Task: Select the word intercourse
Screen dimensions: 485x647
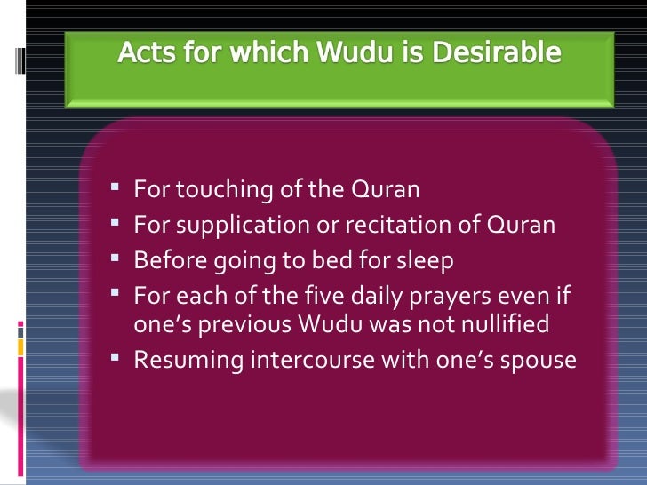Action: click(x=288, y=360)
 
